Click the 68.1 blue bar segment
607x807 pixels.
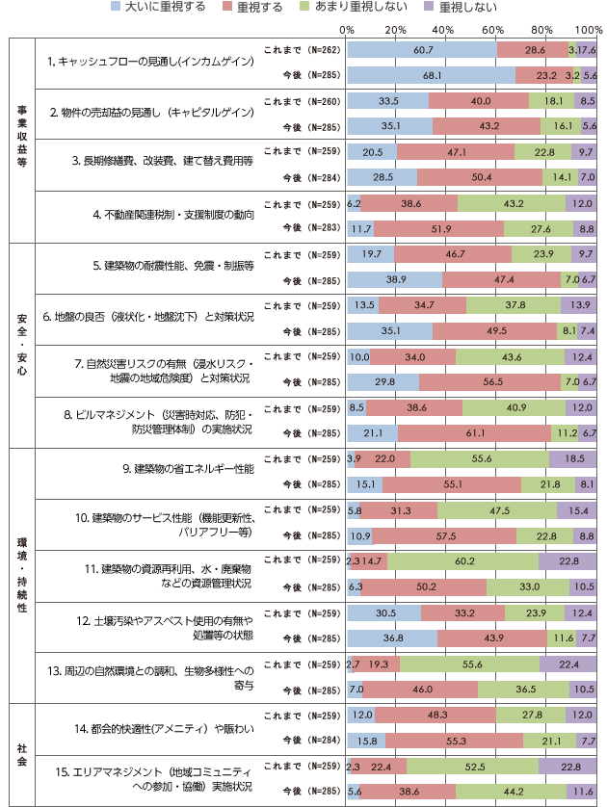(430, 74)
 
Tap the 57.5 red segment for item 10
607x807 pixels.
(444, 535)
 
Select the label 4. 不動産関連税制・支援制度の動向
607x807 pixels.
(179, 214)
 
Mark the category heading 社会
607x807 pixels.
(21, 752)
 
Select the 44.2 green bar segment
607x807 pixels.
(511, 792)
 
